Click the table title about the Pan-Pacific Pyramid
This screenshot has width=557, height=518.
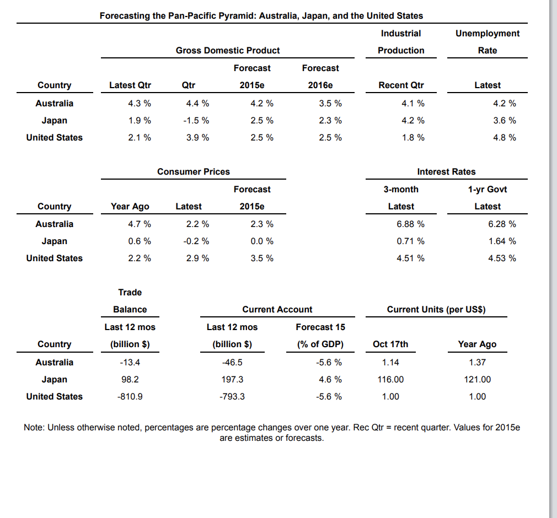tap(261, 15)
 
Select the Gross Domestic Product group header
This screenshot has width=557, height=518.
tap(227, 50)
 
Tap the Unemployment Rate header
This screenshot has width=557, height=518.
tap(487, 42)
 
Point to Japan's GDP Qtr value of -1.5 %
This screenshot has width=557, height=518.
tap(198, 121)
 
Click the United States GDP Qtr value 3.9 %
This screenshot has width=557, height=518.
tap(198, 138)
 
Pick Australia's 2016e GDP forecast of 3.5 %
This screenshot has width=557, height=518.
tap(330, 104)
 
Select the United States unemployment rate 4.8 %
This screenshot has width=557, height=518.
tap(505, 138)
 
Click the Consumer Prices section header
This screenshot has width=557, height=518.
tap(193, 171)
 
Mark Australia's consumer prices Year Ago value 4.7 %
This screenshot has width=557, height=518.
tap(140, 224)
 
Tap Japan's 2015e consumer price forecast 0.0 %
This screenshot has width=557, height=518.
tap(262, 241)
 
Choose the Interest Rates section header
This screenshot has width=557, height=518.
tap(446, 171)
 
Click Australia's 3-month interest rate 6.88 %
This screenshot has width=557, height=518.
tap(410, 224)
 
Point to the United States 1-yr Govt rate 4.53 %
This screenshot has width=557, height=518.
tap(502, 258)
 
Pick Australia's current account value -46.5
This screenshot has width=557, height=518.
tap(232, 363)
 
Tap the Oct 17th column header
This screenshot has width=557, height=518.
tap(390, 344)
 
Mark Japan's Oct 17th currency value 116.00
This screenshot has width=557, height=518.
tap(390, 380)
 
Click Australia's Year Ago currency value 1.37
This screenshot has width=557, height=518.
tap(477, 363)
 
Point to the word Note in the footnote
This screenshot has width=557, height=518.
tap(34, 428)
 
